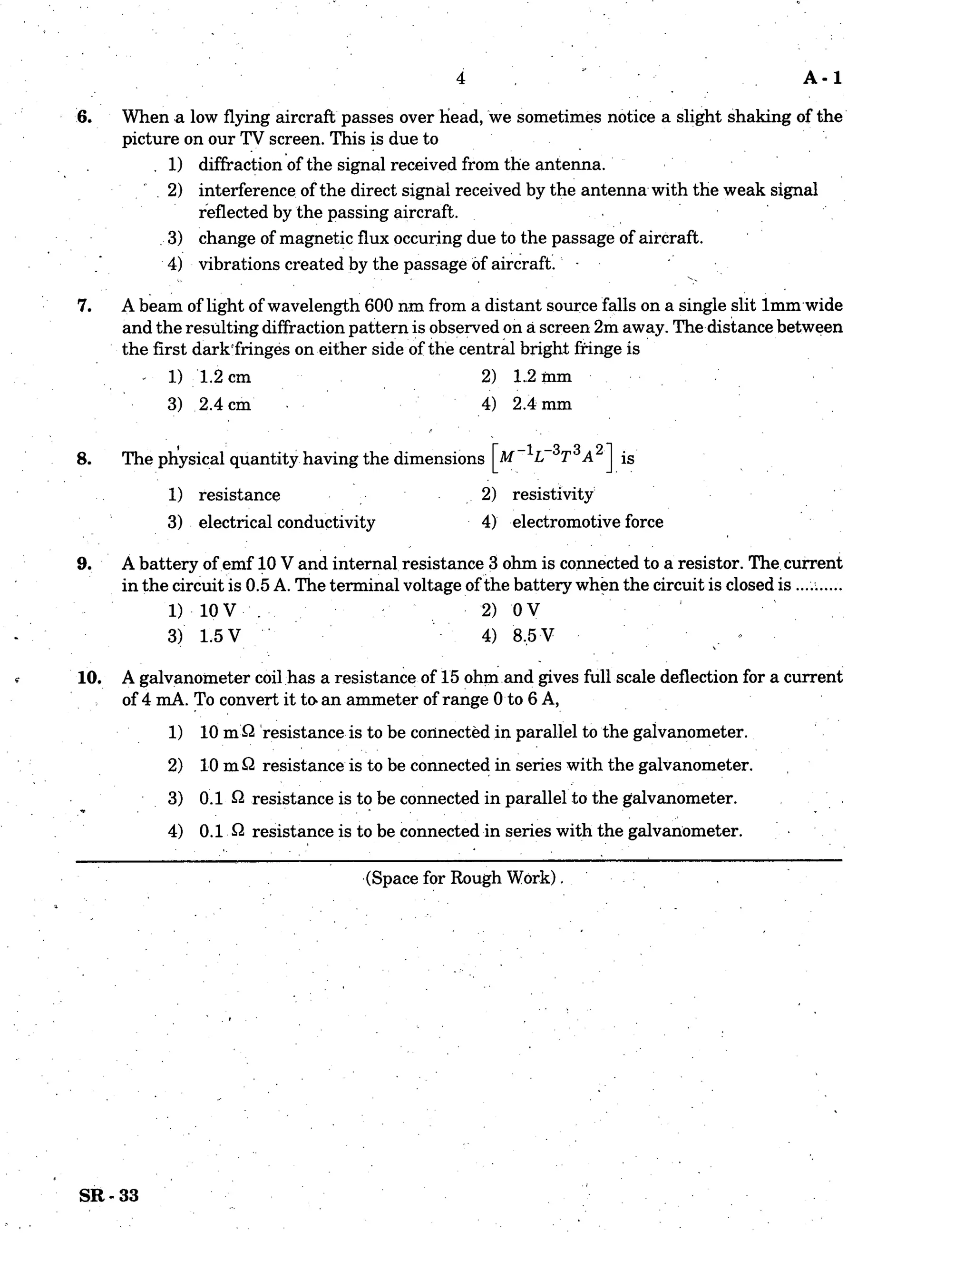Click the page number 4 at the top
pos(460,78)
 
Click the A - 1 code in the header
pos(822,78)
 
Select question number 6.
pos(84,117)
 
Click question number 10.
pos(89,677)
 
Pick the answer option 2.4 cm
pos(224,404)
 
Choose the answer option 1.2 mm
pos(542,376)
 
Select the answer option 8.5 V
pos(533,636)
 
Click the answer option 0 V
pos(526,610)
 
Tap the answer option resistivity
pos(552,494)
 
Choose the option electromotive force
pos(587,522)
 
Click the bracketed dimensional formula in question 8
pos(553,458)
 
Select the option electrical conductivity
pos(287,522)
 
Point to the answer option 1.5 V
pos(219,636)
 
